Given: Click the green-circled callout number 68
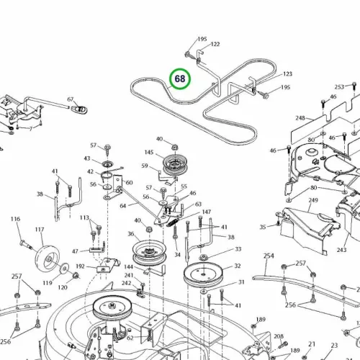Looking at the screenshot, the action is pos(180,78).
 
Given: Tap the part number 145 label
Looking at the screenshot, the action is pos(149,153).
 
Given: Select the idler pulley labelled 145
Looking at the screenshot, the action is pos(175,165).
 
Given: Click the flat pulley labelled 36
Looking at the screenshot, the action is pos(149,253).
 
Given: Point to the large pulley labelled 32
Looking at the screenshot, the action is pos(203,274).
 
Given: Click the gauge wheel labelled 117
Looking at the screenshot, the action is pos(48,258).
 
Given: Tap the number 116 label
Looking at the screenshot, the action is pos(15,219).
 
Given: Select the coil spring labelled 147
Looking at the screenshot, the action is pos(173,221).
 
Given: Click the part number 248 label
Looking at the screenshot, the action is pos(300,118).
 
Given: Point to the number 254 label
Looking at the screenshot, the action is pos(269,256).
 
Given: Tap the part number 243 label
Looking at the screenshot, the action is pos(341,250).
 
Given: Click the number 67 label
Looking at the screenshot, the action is pos(71,99).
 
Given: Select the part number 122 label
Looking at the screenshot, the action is pos(215,44).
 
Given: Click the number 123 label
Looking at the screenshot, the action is pos(287,73).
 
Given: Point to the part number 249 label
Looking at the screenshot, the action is pos(313,200).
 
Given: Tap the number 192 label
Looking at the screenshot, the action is pos(80,266).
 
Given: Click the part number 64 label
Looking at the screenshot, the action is pos(123,206).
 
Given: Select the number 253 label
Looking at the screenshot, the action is pos(339,86).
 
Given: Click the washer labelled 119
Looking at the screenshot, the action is pos(63,268).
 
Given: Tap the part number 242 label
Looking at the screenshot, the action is pos(127,283).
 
